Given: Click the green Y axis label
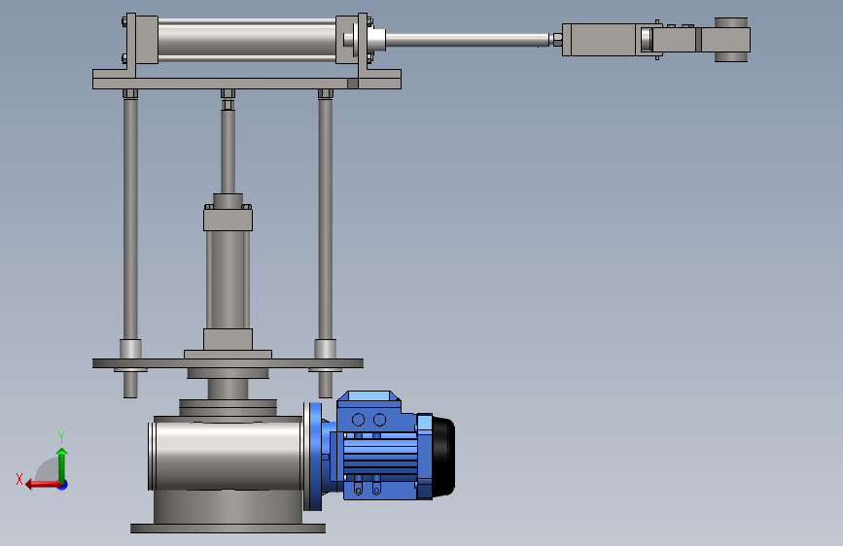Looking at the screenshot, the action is coord(61,437).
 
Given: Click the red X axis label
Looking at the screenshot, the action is coord(19,479).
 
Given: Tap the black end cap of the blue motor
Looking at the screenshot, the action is coord(443,457).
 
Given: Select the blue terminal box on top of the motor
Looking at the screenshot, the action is coord(369,411).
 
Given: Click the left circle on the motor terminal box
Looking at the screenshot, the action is coord(358,420).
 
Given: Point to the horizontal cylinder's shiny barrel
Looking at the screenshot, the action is coord(247,39).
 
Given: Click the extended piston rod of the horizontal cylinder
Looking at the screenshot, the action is coord(468,40).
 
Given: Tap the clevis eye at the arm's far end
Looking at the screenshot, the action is coord(731,39).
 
